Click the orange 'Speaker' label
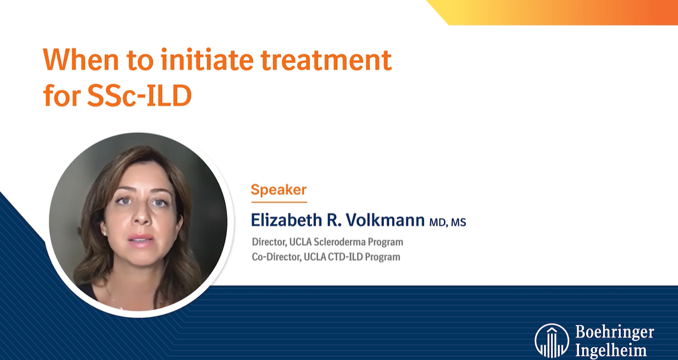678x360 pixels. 278,190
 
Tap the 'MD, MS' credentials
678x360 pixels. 447,222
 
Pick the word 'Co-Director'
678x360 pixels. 273,257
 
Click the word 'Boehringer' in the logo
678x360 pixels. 614,332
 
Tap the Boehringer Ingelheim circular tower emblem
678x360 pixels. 551,341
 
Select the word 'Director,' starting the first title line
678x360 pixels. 270,242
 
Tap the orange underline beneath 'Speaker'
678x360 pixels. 279,202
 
